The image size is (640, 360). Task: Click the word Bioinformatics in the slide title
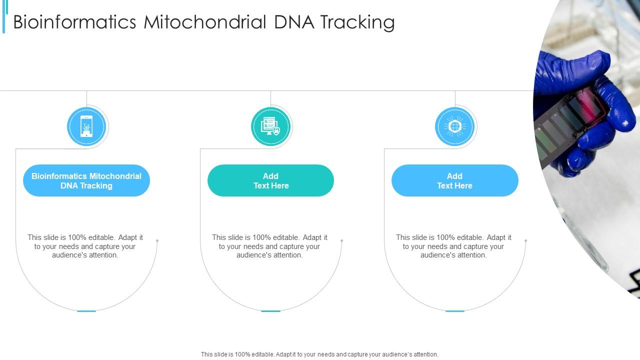coord(74,22)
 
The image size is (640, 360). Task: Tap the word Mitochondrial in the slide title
coord(205,22)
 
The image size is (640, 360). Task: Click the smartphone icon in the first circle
coord(86,127)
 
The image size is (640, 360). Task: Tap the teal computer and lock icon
coord(270,127)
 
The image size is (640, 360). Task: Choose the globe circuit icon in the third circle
coord(454,127)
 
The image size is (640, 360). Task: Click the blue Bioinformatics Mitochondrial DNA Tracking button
coord(86,180)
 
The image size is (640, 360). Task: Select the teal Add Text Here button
coord(270,180)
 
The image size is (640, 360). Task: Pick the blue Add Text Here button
coord(454,180)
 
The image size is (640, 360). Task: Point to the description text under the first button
coord(85,246)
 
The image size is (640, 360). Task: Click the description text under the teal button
coord(270,246)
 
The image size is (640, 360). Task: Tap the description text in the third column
coord(454,246)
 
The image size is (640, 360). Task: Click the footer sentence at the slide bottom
coord(319,354)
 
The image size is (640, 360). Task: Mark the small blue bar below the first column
coord(86,311)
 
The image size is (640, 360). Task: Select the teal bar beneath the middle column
coord(270,311)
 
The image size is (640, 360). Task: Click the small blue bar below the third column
coord(454,311)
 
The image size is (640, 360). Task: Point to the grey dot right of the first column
coord(157,240)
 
